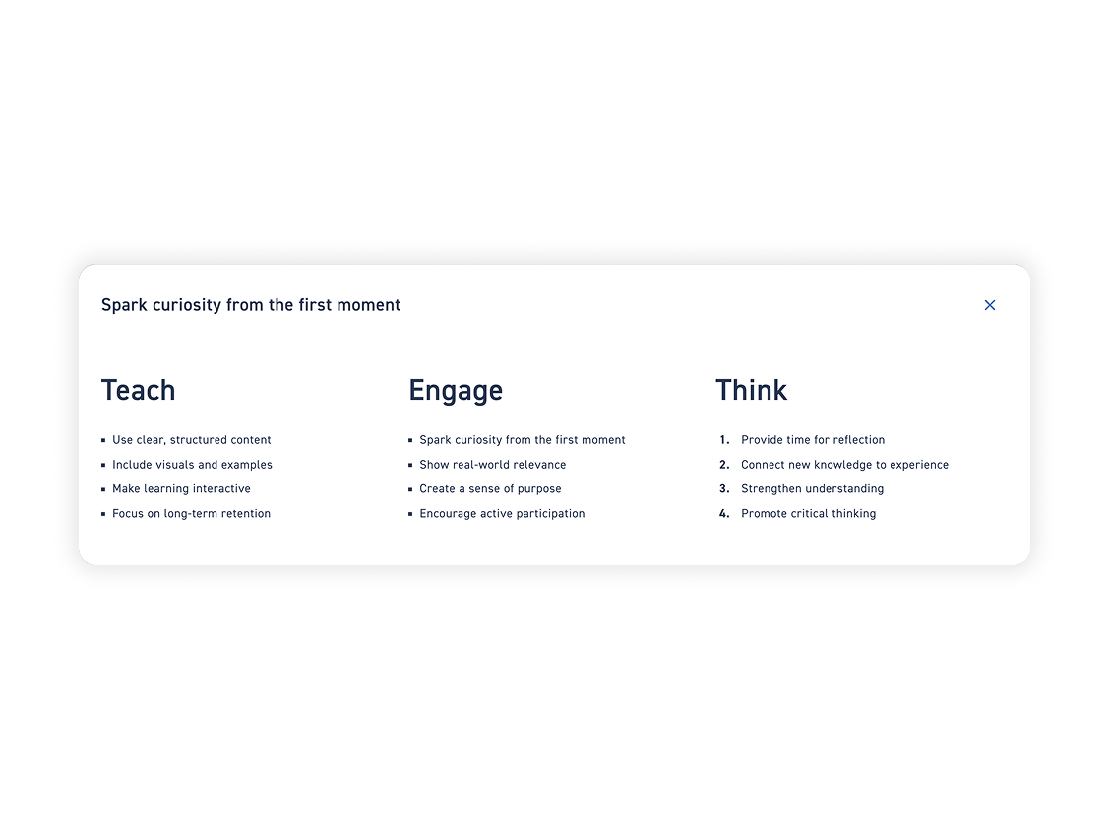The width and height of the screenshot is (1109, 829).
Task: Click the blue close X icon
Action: click(990, 305)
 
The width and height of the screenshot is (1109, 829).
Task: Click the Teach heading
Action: click(138, 390)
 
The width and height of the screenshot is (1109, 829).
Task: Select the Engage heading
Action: click(456, 391)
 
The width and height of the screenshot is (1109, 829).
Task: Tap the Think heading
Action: click(751, 390)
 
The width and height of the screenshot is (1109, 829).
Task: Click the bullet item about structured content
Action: click(192, 440)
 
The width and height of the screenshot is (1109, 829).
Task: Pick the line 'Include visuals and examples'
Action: click(193, 465)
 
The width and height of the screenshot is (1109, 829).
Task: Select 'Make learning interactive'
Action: click(181, 488)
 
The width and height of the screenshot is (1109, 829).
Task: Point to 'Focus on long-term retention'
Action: click(191, 513)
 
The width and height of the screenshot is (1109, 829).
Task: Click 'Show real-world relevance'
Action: click(493, 465)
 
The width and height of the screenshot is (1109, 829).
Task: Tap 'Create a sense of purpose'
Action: click(490, 488)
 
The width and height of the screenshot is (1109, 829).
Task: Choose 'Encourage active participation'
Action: click(502, 513)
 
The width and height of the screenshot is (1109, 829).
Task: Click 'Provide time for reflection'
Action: click(813, 440)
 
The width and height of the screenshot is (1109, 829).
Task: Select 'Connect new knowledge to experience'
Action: click(844, 465)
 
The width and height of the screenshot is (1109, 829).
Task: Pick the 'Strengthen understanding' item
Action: click(812, 488)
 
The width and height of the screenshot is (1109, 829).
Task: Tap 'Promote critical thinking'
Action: click(809, 513)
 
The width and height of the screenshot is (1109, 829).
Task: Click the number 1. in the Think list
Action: click(724, 440)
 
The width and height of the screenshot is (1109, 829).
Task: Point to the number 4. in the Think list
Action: click(724, 513)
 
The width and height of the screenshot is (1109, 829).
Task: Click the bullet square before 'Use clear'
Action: click(103, 440)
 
